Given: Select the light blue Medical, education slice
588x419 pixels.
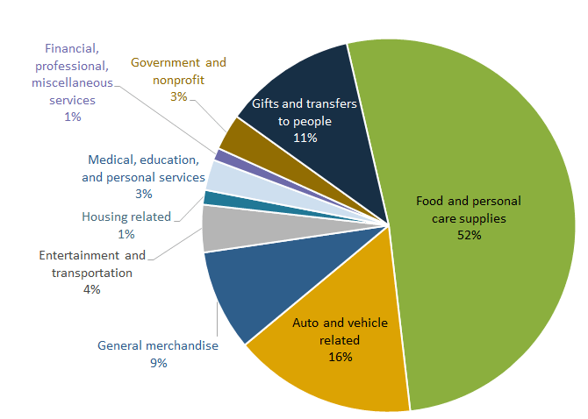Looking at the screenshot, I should point(219,175).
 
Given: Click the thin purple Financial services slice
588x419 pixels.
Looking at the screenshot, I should point(222,156).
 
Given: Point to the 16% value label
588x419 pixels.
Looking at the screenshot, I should point(341,357).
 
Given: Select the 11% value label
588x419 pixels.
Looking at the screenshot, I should point(305,138).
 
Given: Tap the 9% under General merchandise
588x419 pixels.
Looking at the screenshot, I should point(158,362).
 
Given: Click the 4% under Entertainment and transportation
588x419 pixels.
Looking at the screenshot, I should point(92,289).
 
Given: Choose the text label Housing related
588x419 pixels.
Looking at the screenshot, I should point(125,217).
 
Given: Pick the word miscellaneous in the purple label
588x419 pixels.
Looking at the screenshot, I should point(72,82).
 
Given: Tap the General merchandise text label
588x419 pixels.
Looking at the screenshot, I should point(158,345).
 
